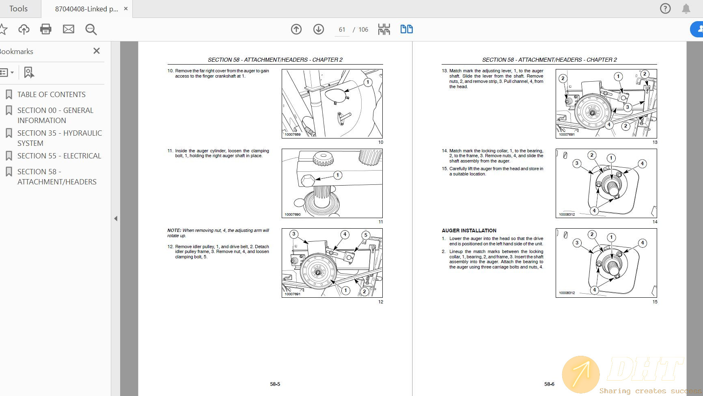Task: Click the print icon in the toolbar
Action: (46, 29)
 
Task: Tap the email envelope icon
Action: (69, 29)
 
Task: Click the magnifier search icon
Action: (91, 29)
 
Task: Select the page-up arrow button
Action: (296, 29)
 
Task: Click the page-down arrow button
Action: (319, 29)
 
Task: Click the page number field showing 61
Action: (342, 30)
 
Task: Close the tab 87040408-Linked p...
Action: (126, 9)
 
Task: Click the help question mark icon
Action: (665, 9)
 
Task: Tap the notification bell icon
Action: (686, 9)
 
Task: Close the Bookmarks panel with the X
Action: (97, 51)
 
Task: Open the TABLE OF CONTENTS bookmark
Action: (52, 95)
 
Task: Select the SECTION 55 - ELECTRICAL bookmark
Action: (59, 156)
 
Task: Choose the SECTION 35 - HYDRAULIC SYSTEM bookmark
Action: (60, 138)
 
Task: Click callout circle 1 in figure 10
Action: (368, 82)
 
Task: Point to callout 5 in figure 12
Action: (366, 235)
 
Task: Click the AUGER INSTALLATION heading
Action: (469, 230)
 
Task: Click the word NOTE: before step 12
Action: (174, 230)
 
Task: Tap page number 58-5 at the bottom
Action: (275, 384)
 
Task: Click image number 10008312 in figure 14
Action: (567, 214)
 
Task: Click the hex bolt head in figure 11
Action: (308, 180)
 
